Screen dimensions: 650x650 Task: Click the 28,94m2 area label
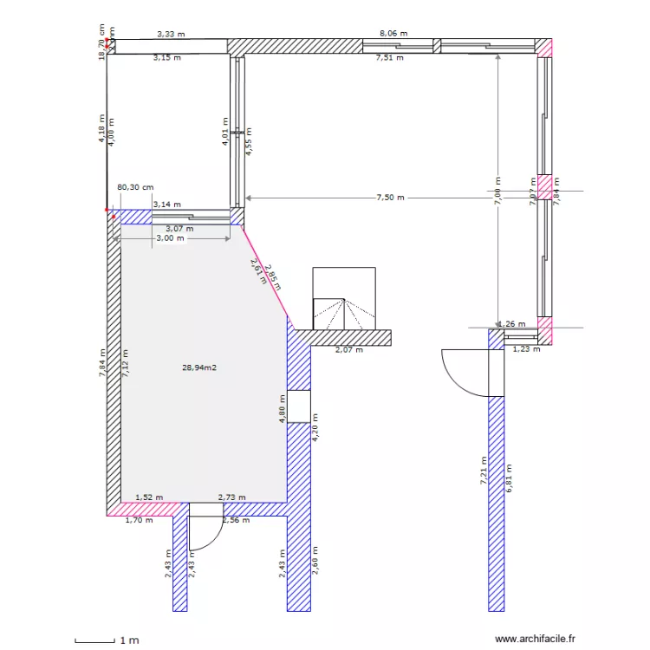(199, 367)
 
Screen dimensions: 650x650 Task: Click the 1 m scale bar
(95, 640)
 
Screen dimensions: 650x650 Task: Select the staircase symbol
(344, 299)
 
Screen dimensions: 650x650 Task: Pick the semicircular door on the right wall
(464, 371)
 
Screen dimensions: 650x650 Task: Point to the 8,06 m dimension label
(393, 33)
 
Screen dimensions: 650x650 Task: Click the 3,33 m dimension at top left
(171, 34)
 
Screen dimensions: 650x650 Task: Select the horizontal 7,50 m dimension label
(390, 198)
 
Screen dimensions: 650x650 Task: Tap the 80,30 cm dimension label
(135, 186)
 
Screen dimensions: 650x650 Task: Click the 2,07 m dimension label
(349, 350)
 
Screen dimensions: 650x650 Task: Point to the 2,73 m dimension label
(231, 497)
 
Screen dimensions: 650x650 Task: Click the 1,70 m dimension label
(140, 521)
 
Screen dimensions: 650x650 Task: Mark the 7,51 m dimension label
(389, 58)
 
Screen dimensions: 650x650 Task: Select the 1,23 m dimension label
(526, 350)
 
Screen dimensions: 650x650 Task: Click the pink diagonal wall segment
(267, 274)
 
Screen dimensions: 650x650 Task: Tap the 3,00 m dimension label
(170, 237)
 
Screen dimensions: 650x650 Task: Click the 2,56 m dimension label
(236, 521)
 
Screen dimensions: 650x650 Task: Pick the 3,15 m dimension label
(166, 58)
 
